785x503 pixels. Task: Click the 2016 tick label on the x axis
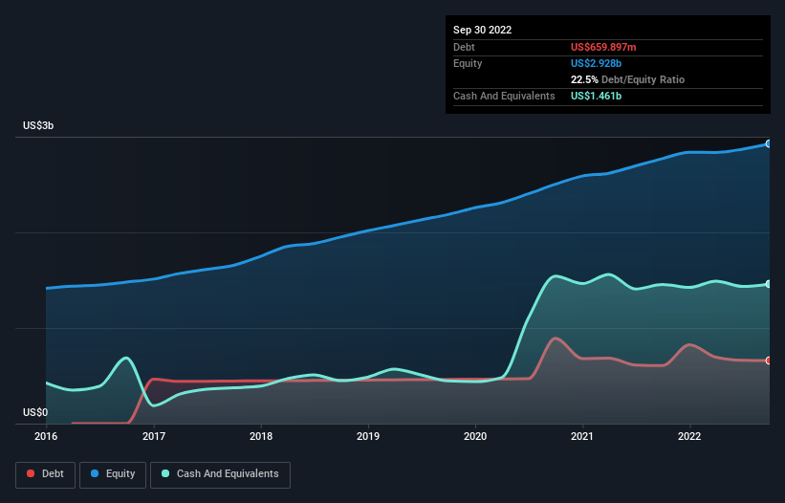tap(46, 436)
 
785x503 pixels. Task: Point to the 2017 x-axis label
tap(153, 436)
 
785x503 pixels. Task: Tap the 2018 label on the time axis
tap(261, 436)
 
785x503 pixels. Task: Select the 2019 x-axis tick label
tap(368, 436)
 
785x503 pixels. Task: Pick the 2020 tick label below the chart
tap(475, 436)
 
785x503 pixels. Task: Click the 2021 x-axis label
tap(582, 436)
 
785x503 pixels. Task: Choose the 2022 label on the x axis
tap(689, 436)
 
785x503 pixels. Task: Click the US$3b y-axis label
tap(39, 126)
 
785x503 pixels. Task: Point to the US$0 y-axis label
tap(35, 413)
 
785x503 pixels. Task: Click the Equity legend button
tap(113, 474)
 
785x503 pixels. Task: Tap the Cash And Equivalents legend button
tap(220, 474)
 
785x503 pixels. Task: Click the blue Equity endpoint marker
tap(769, 143)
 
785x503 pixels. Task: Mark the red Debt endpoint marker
tap(769, 361)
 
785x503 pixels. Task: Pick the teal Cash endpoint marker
tap(769, 284)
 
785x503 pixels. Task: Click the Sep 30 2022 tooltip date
tap(483, 30)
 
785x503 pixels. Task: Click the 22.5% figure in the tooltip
tap(584, 79)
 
